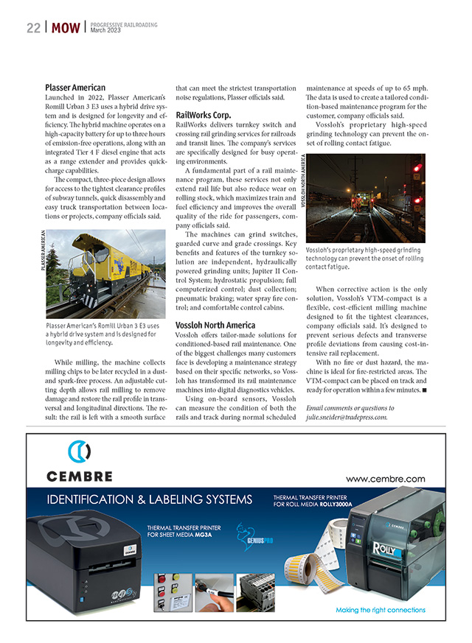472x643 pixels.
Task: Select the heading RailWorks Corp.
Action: [x=204, y=115]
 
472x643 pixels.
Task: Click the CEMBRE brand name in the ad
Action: [x=80, y=477]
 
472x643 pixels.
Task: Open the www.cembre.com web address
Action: [x=385, y=479]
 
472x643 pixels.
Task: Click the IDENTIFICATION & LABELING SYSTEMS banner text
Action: [x=150, y=500]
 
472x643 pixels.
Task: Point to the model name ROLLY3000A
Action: [x=336, y=505]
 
